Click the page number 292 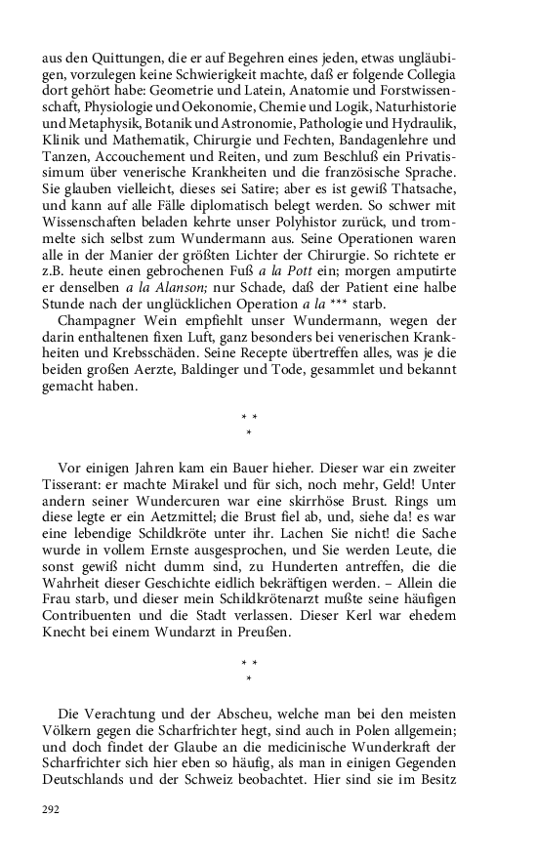pyautogui.click(x=50, y=809)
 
